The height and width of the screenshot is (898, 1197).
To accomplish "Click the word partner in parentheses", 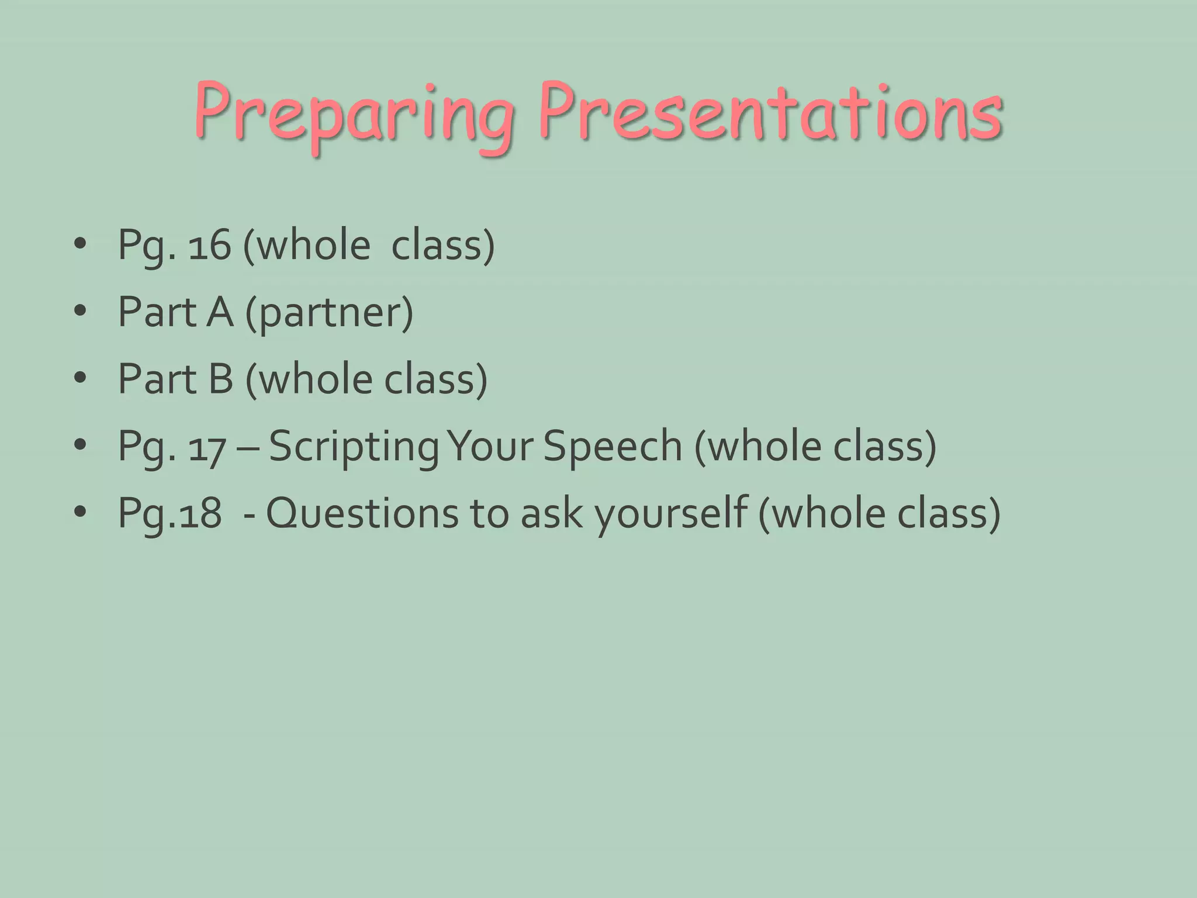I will pyautogui.click(x=329, y=313).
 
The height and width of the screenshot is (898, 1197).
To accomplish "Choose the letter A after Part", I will pyautogui.click(x=220, y=312).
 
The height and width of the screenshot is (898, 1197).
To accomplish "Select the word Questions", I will pyautogui.click(x=362, y=513).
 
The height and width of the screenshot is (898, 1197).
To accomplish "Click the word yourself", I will pyautogui.click(x=671, y=513).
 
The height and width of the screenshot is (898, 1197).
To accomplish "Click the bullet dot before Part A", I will pyautogui.click(x=80, y=312).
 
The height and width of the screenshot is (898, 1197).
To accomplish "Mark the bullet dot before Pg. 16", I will pyautogui.click(x=80, y=245).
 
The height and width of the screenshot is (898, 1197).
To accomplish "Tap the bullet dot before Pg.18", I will pyautogui.click(x=80, y=513).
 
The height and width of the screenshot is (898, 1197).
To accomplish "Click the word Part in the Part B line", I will pyautogui.click(x=157, y=379).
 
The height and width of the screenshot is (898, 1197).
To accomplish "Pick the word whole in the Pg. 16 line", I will pyautogui.click(x=314, y=245).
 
